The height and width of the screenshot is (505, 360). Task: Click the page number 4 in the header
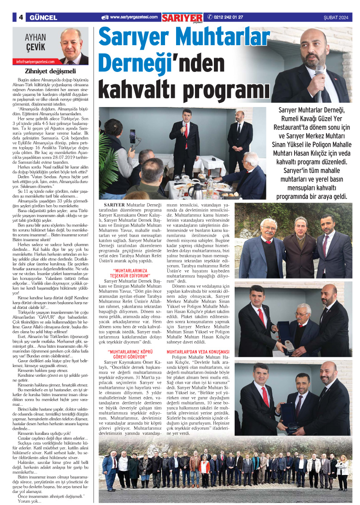pyautogui.click(x=21, y=18)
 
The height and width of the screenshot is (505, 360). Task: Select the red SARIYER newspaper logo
pyautogui.click(x=182, y=17)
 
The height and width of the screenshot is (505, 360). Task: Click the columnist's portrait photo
pyautogui.click(x=72, y=46)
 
